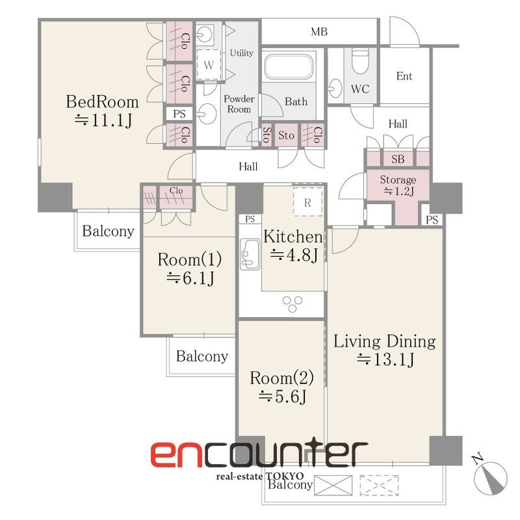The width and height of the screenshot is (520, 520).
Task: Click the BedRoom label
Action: coord(103,101)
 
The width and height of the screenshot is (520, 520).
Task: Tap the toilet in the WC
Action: coord(360,62)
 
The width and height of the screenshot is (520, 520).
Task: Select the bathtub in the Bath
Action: coord(289,66)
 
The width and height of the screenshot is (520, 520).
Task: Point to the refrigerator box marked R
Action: coord(307,201)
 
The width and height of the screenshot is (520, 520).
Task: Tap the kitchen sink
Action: coord(250,254)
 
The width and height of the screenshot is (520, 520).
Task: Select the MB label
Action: coord(319,32)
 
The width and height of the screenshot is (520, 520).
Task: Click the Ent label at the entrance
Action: coord(404,76)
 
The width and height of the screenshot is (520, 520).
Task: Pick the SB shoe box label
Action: coord(398,159)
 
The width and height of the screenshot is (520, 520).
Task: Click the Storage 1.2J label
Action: coord(398,185)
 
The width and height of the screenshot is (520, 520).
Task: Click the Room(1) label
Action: coord(190,259)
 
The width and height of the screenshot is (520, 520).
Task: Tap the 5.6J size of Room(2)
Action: coord(282,396)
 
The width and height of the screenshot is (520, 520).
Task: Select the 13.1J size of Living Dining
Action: coord(385,359)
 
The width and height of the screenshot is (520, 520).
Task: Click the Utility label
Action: coord(241,53)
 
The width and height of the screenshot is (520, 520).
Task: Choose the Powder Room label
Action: coord(239,104)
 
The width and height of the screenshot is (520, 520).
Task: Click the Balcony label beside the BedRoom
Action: coord(108,231)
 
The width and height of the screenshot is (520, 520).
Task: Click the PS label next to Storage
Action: coord(432,220)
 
